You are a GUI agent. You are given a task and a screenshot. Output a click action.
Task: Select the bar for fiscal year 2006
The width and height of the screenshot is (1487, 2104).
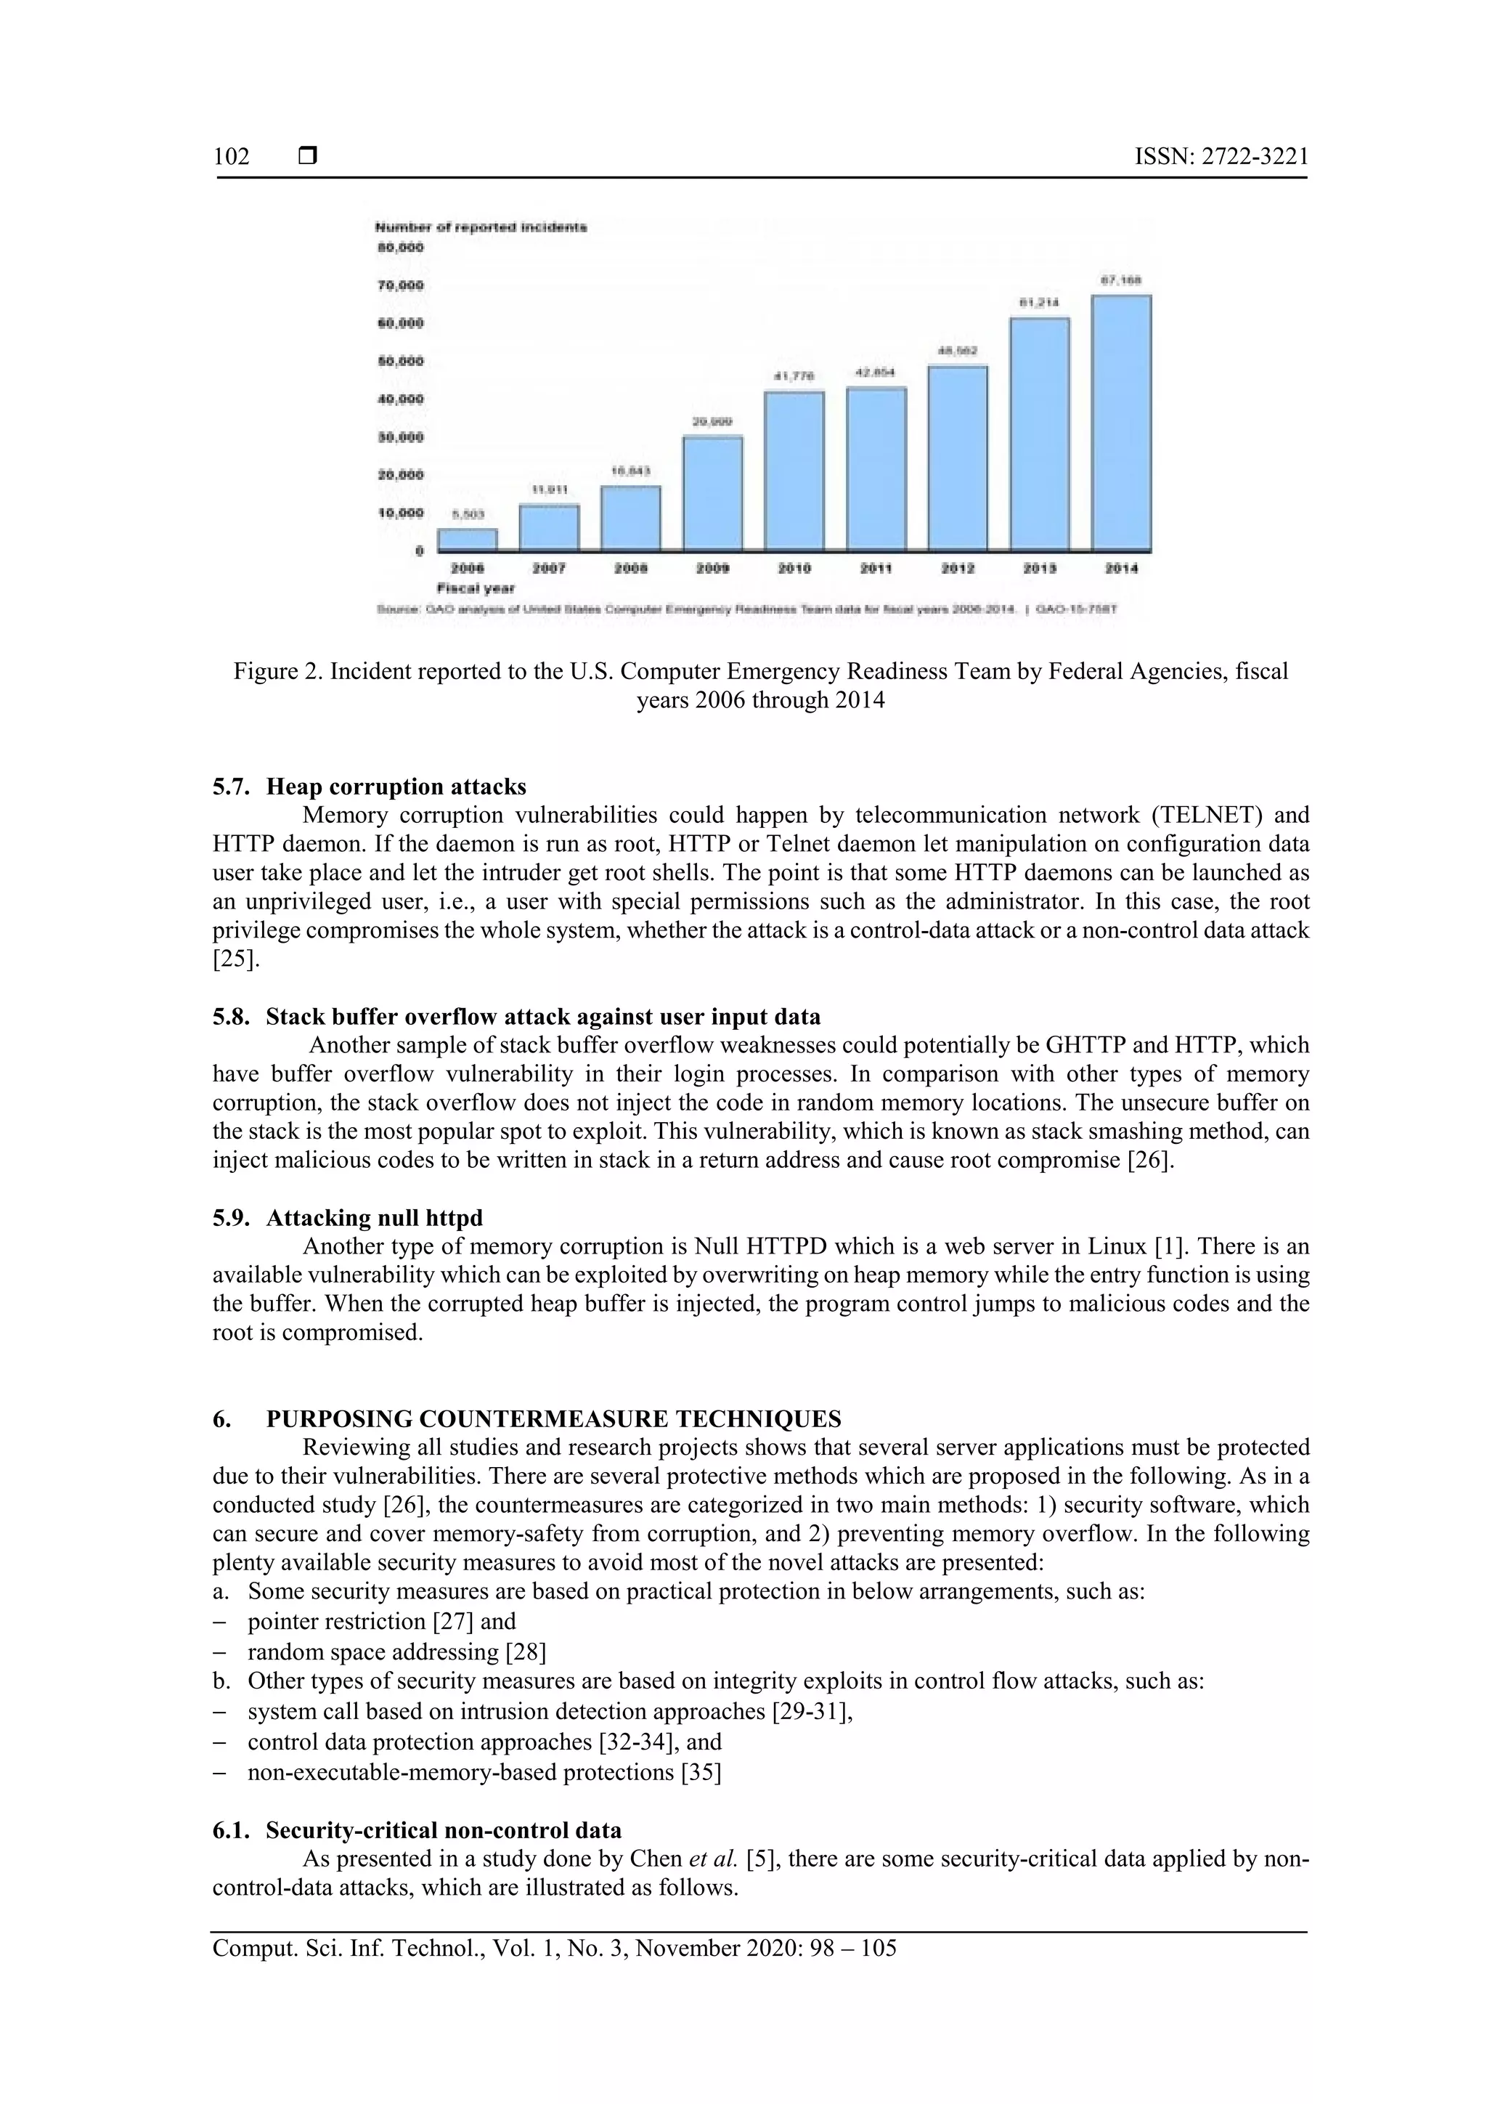click(x=468, y=540)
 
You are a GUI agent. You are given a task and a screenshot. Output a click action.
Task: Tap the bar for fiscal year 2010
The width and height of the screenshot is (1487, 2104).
click(x=794, y=471)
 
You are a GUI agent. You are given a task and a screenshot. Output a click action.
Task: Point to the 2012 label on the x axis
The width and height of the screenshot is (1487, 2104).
click(x=958, y=568)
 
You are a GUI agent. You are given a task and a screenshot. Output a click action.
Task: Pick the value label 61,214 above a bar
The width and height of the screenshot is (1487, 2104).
click(x=1039, y=302)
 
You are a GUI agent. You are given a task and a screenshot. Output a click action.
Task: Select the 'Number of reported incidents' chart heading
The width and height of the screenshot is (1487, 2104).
click(x=480, y=227)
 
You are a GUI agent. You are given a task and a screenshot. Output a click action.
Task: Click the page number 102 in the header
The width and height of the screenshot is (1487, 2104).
click(x=232, y=157)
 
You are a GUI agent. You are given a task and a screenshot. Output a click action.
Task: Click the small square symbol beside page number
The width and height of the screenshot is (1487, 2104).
click(x=308, y=157)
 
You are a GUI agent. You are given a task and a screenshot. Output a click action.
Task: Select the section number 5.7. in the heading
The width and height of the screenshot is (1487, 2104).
click(x=232, y=787)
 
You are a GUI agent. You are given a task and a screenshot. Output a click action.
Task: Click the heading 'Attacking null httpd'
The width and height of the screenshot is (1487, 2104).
click(x=374, y=1218)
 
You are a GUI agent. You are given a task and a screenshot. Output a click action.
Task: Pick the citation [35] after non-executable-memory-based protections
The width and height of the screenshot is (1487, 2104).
click(x=701, y=1772)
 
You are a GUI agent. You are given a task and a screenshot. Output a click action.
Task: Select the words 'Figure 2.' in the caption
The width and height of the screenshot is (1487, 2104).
click(x=279, y=672)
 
